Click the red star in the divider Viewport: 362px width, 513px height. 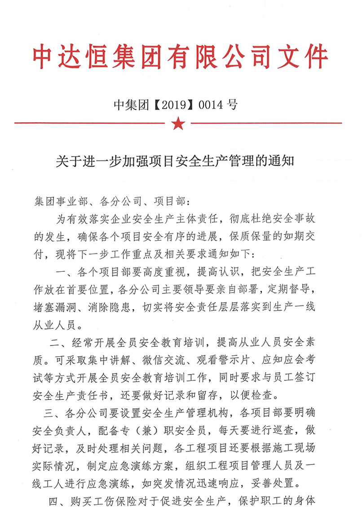click(178, 123)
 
